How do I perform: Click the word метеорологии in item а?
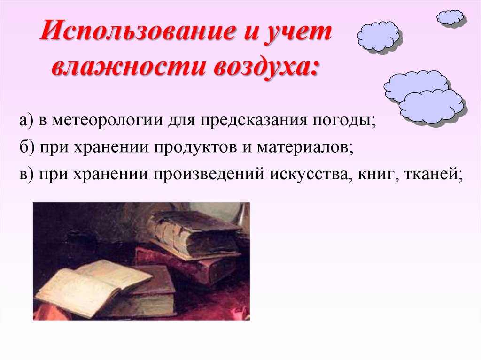click(109, 121)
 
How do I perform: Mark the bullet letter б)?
click(27, 148)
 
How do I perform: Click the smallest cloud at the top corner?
click(450, 17)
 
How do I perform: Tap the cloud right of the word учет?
click(378, 36)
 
